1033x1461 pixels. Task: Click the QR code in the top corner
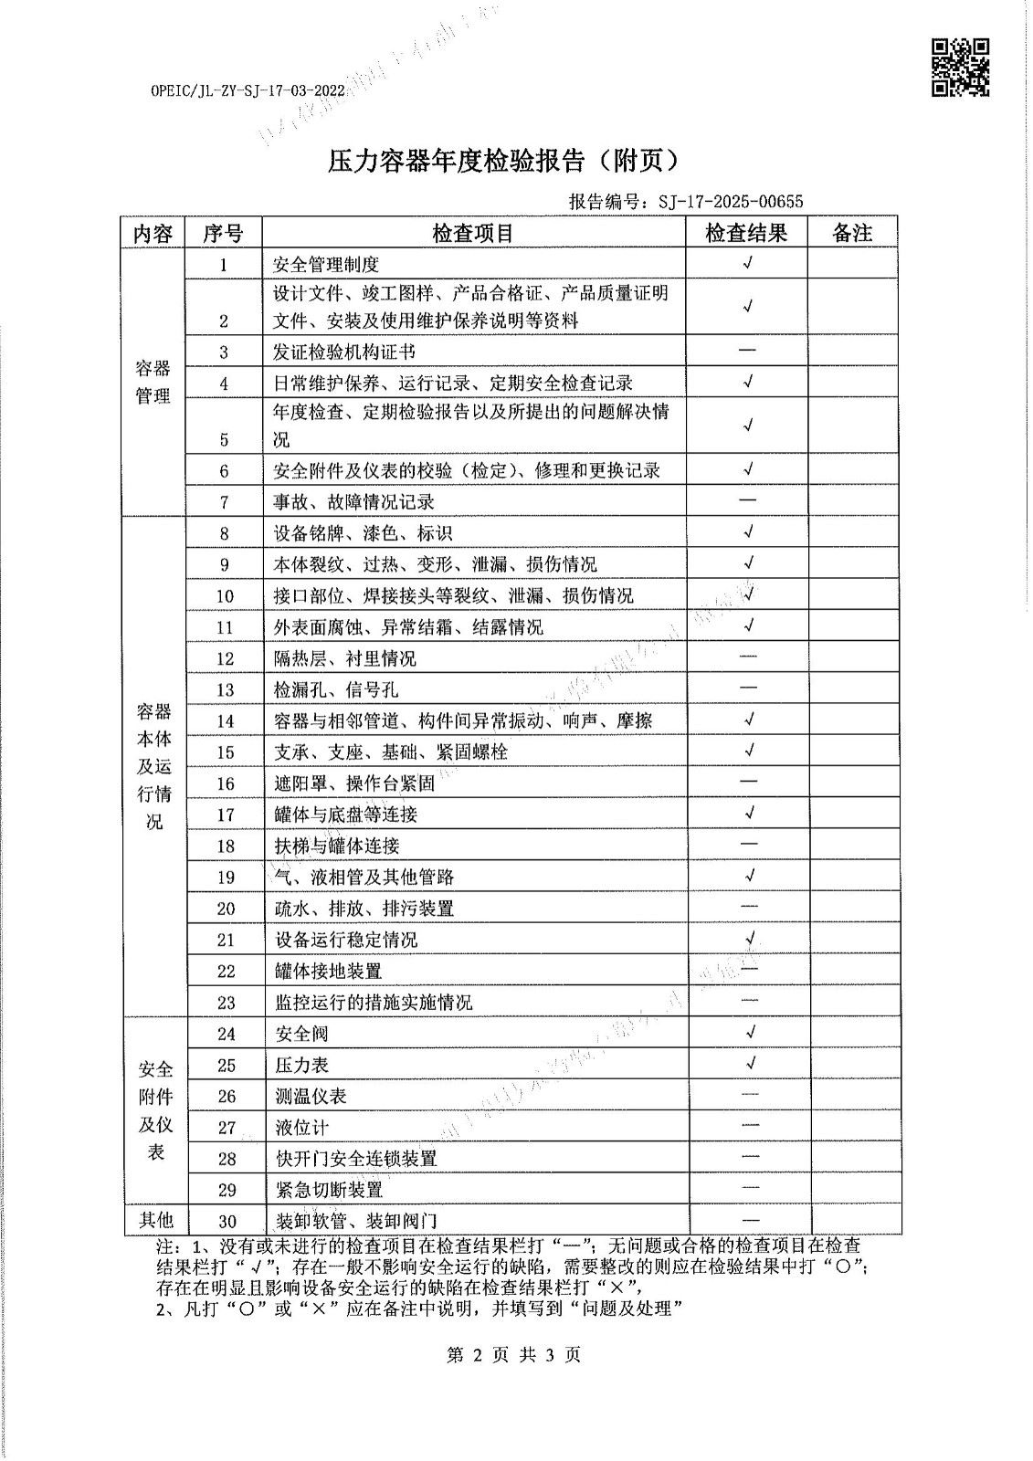pyautogui.click(x=960, y=67)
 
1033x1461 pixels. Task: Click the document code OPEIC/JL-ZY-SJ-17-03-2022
pyautogui.click(x=248, y=91)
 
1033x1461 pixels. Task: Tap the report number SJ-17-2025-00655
pyautogui.click(x=731, y=202)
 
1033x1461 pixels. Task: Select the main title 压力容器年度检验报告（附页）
pyautogui.click(x=505, y=161)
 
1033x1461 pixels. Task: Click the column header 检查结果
pyautogui.click(x=746, y=233)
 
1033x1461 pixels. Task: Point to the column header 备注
pyautogui.click(x=852, y=233)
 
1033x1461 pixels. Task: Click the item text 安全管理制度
pyautogui.click(x=326, y=265)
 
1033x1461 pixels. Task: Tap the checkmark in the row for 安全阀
pyautogui.click(x=750, y=1033)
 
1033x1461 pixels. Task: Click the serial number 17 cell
pyautogui.click(x=226, y=815)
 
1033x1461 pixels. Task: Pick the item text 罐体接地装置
pyautogui.click(x=329, y=971)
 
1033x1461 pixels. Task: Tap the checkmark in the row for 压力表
pyautogui.click(x=750, y=1064)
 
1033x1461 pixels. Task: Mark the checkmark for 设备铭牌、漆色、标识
pyautogui.click(x=748, y=532)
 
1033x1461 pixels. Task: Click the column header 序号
pyautogui.click(x=223, y=233)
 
